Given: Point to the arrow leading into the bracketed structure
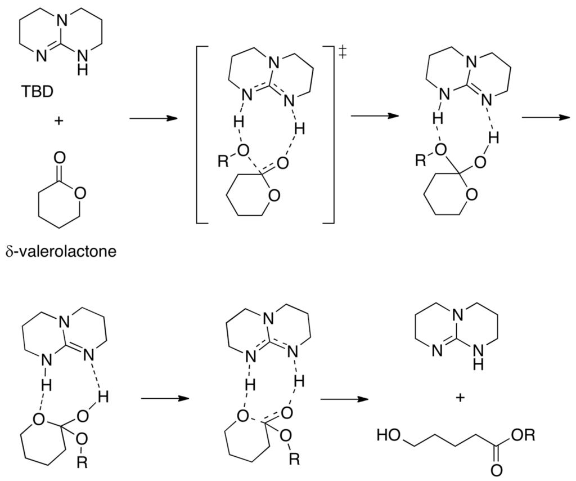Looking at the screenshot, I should coord(152,119).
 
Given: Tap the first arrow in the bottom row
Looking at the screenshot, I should coord(163,398).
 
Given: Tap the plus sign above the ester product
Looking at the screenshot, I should coord(461,398).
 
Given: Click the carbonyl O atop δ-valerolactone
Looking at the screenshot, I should coord(60,155).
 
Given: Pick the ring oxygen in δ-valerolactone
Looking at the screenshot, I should coord(80,193).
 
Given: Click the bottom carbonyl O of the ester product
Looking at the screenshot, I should coord(497,469).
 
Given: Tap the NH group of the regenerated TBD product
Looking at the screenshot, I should coord(479,357).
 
